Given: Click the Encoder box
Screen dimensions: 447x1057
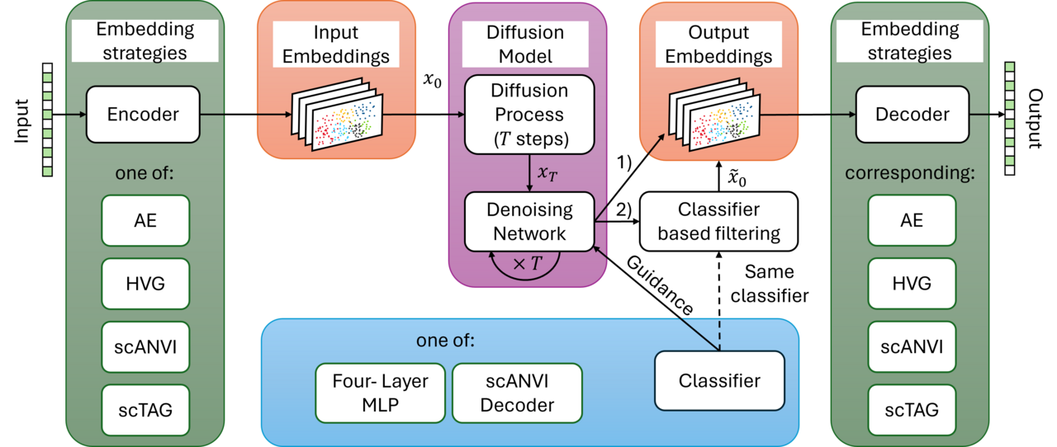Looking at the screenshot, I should (x=143, y=115).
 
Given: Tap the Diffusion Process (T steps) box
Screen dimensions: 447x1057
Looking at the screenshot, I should (x=529, y=115).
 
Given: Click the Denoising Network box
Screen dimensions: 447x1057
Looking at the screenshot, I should (x=529, y=222).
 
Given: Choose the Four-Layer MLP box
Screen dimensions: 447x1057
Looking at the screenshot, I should (x=381, y=393).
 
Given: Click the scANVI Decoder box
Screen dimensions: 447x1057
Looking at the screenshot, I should (x=517, y=393).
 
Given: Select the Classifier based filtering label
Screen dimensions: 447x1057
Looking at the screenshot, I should (x=718, y=222).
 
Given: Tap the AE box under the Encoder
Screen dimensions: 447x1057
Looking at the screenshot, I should (x=145, y=221).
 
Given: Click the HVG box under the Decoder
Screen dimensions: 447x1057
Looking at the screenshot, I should (x=912, y=283).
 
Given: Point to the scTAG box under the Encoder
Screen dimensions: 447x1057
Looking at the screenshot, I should (x=145, y=409).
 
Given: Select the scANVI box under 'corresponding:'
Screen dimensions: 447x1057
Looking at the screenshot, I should (x=912, y=346).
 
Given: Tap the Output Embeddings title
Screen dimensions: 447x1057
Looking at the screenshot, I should (x=718, y=45).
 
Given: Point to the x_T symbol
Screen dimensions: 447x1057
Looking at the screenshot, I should (x=547, y=172).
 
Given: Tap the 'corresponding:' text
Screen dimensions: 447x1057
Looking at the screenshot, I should (x=909, y=176).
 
